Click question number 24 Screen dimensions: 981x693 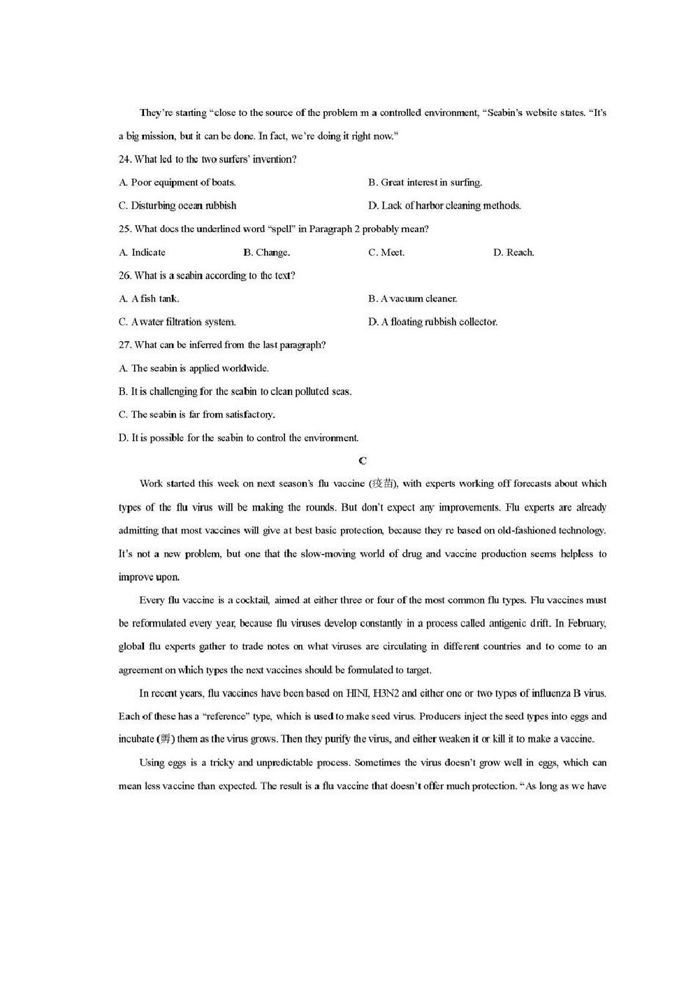pos(126,159)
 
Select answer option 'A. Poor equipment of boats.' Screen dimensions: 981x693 pos(177,182)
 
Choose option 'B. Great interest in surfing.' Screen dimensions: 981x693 pos(425,182)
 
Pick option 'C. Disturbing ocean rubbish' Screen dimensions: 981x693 pos(177,206)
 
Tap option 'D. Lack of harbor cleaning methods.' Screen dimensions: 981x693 pos(444,206)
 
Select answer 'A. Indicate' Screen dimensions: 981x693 pos(143,252)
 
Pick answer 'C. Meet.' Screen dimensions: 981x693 pos(386,252)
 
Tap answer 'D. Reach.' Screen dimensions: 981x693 pos(513,252)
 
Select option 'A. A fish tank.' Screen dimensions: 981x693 pos(149,299)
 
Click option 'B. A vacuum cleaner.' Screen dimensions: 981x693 pos(413,299)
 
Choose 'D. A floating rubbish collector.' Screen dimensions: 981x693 pos(432,322)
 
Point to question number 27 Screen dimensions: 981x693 pos(126,345)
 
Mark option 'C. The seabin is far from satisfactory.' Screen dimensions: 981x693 pos(197,415)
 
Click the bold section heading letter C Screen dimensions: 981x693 pos(362,460)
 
